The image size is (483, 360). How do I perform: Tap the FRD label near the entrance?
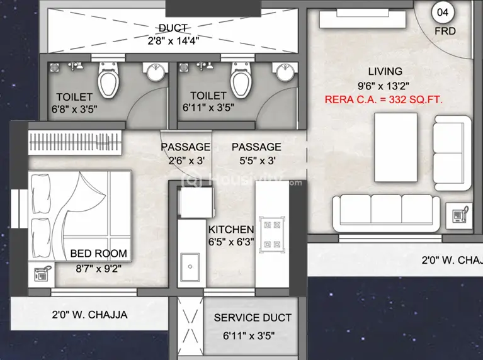click(445, 30)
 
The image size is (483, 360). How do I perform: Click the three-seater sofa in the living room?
click(385, 212)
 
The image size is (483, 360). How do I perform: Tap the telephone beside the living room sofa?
click(458, 216)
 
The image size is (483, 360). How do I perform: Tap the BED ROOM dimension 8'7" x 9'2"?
click(98, 267)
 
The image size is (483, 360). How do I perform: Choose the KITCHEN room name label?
click(231, 230)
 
